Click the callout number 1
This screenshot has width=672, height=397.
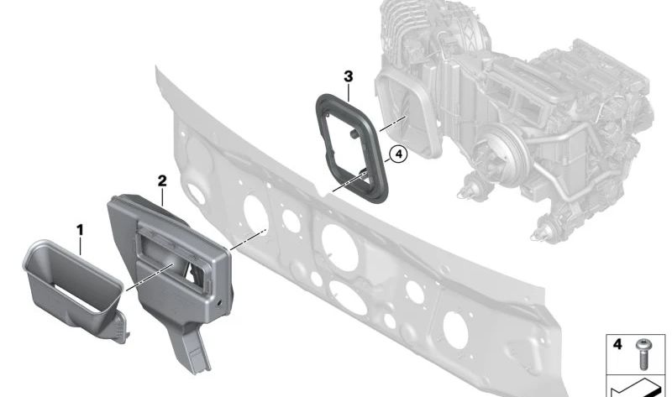[x=80, y=231]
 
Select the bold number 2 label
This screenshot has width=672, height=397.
[x=162, y=181]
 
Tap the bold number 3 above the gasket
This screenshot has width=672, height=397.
[x=349, y=76]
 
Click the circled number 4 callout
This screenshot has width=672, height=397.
[x=398, y=154]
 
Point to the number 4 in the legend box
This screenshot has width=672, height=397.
[x=617, y=344]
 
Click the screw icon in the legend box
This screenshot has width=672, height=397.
[x=643, y=353]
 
